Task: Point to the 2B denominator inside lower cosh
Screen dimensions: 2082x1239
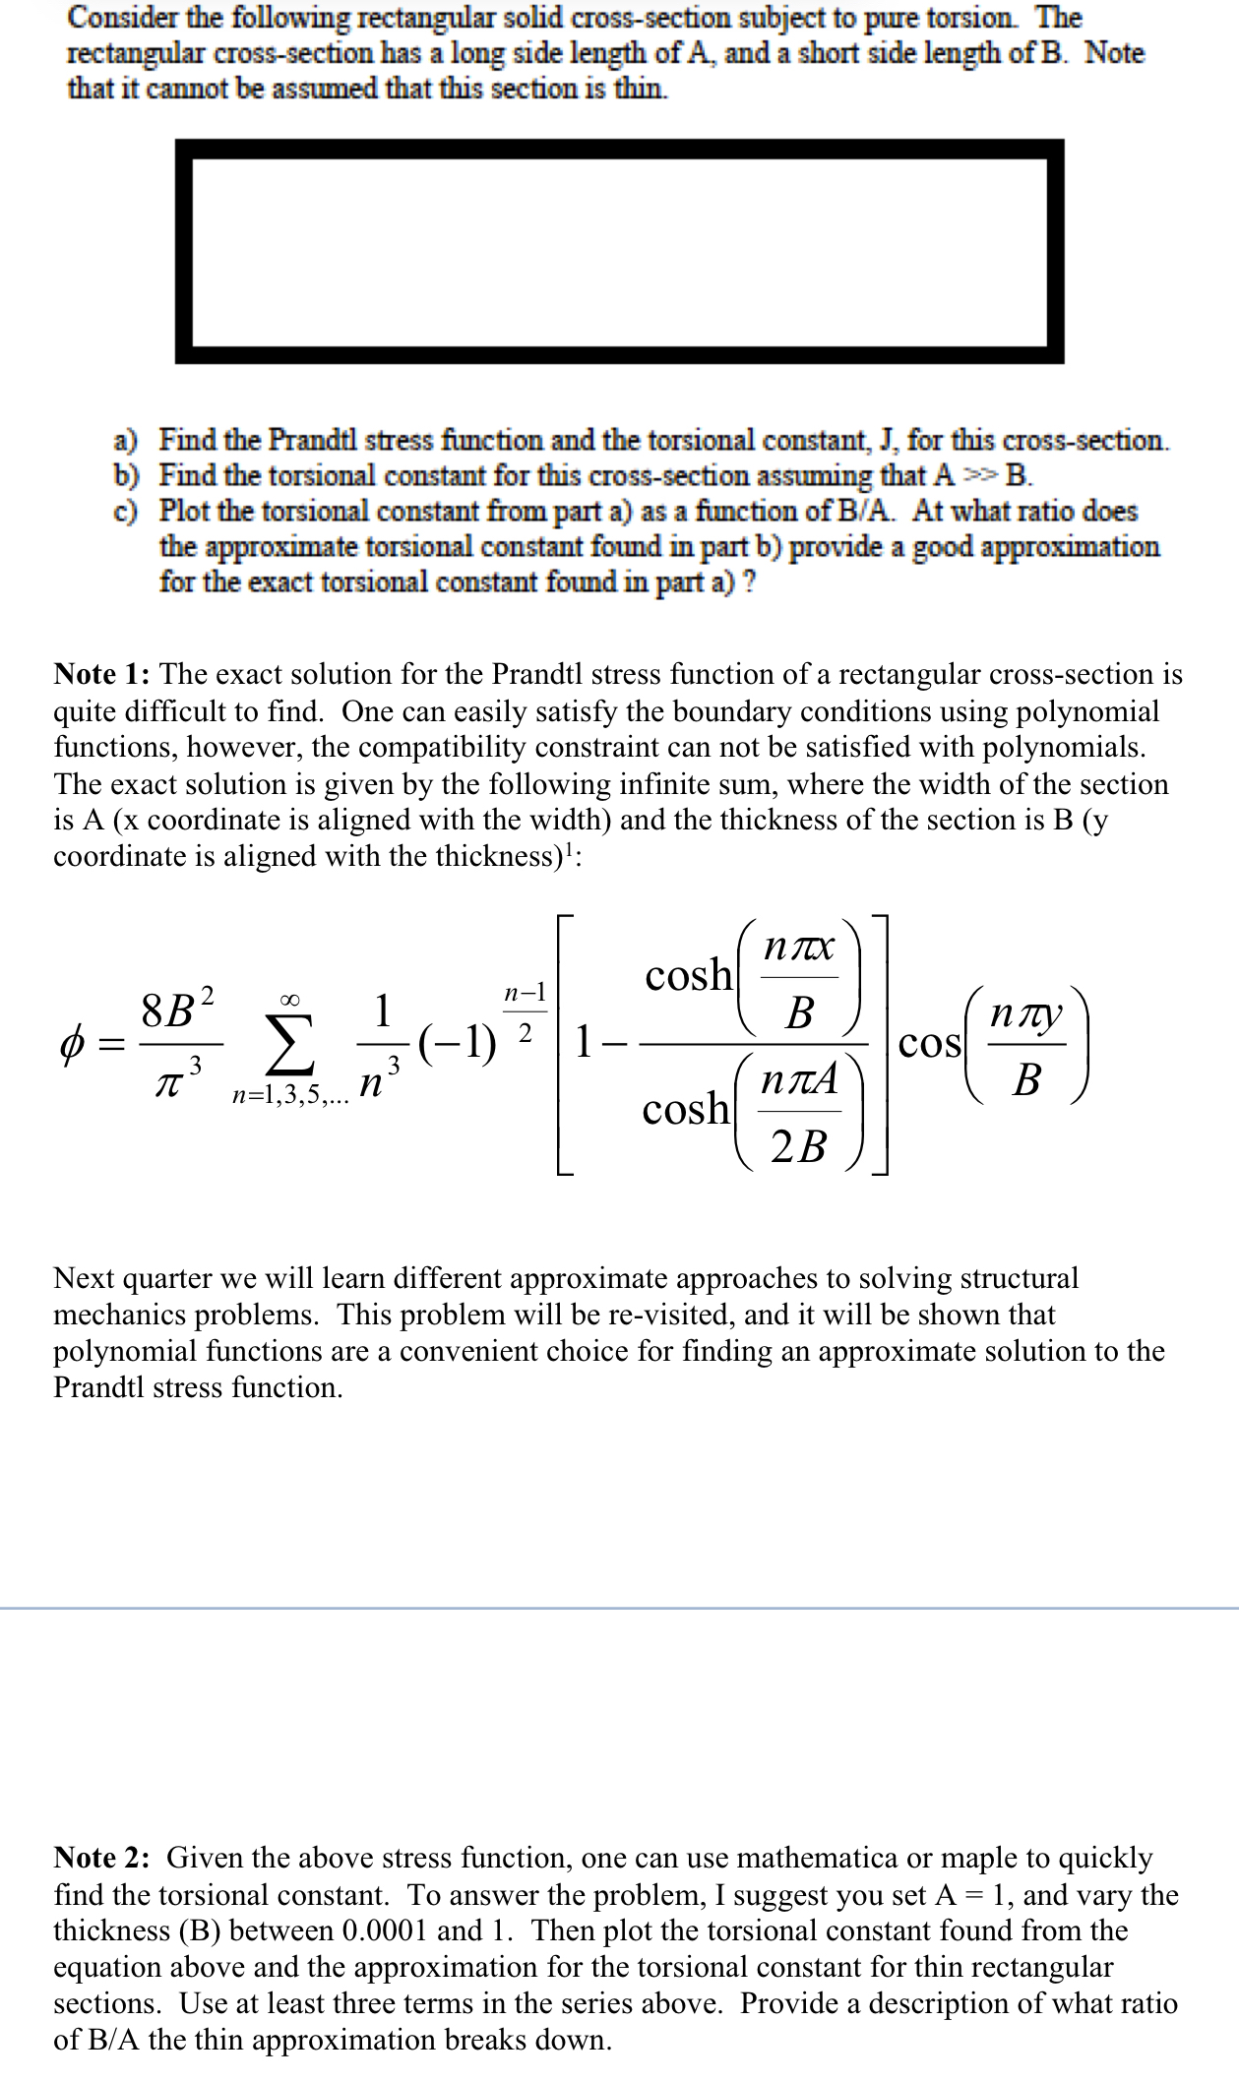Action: click(x=799, y=1146)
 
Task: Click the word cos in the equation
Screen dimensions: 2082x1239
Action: click(x=929, y=1043)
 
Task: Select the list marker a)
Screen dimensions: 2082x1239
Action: click(x=126, y=440)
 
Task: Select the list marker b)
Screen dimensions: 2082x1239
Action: click(x=126, y=476)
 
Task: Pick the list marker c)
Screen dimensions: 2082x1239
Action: click(x=125, y=512)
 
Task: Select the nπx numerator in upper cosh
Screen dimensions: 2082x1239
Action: click(x=800, y=947)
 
